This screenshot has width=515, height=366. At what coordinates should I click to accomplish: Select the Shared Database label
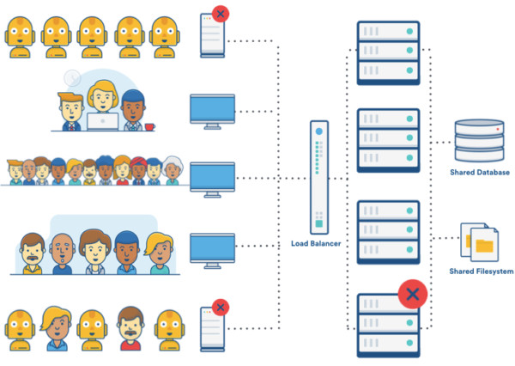click(480, 172)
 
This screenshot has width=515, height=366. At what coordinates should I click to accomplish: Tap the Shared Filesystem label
click(480, 271)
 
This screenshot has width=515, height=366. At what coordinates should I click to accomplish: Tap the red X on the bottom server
click(414, 295)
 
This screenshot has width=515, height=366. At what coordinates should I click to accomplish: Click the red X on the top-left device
click(221, 14)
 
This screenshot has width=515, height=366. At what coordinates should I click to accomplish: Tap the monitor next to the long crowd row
click(210, 178)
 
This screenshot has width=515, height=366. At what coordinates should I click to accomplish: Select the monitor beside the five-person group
click(210, 248)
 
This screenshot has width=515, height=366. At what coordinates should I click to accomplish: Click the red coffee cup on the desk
click(150, 126)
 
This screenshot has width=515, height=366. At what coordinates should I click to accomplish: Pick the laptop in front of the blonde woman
click(102, 121)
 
